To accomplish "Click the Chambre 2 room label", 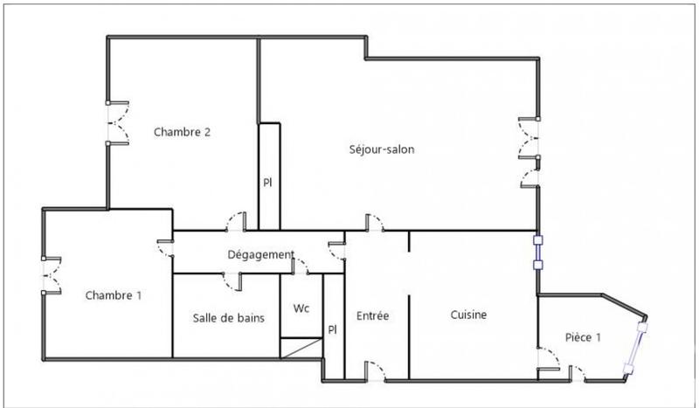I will [x=183, y=133].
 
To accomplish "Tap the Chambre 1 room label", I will [x=114, y=295].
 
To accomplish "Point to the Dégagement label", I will [x=260, y=254].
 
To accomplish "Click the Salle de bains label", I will [x=229, y=317].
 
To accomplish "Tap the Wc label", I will [x=301, y=308].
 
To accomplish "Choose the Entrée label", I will [x=373, y=315].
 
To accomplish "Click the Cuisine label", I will [x=468, y=315].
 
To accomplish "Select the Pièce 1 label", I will [x=584, y=338].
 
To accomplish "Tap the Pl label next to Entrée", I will [x=332, y=329].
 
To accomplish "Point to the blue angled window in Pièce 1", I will [x=637, y=348].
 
